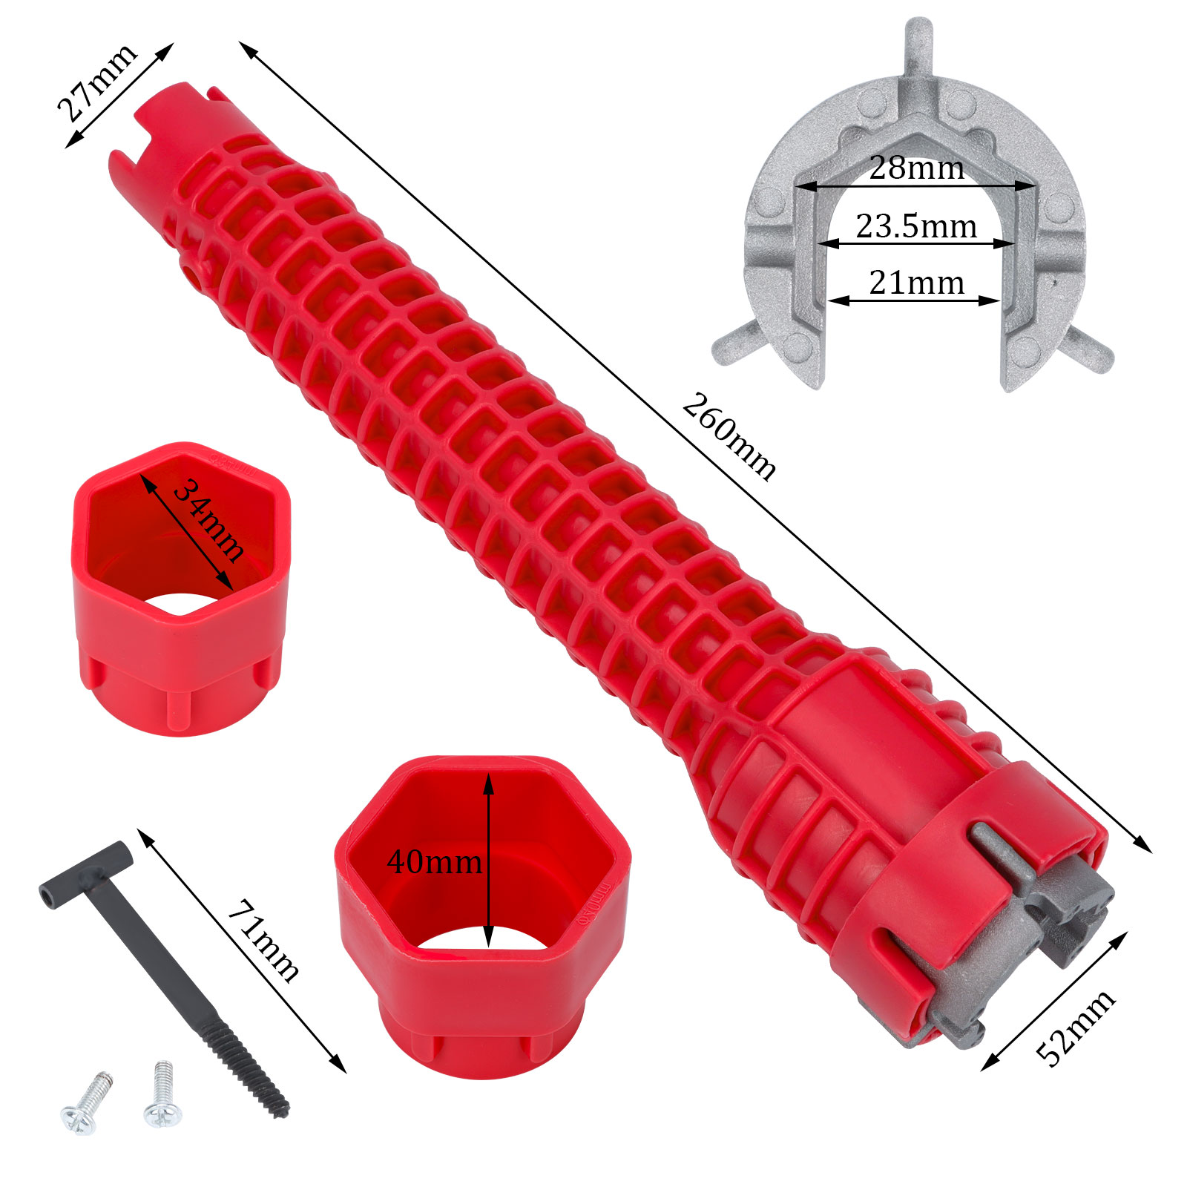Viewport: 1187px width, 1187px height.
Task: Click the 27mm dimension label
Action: click(96, 82)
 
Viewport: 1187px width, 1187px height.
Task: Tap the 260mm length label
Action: click(729, 437)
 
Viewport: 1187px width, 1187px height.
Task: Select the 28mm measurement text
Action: click(917, 168)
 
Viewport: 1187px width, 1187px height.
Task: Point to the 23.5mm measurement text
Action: click(916, 226)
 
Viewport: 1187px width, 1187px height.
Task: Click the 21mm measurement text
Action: click(917, 283)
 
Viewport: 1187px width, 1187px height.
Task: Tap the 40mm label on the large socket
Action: click(434, 862)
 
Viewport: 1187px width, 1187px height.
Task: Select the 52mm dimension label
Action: click(1075, 1027)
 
